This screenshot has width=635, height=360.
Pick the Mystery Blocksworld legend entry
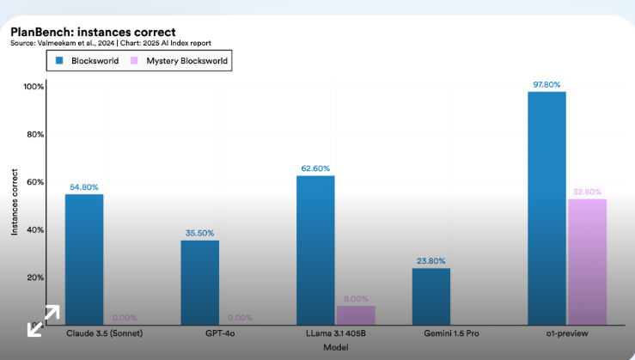click(x=179, y=61)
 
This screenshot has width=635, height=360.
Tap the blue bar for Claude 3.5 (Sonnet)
click(x=84, y=259)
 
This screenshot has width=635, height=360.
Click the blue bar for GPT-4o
click(x=199, y=282)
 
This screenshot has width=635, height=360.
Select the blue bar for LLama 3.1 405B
click(x=315, y=249)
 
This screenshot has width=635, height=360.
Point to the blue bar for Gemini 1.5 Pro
click(x=430, y=296)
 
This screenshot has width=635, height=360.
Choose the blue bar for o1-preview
click(x=546, y=207)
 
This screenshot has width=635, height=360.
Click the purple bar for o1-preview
click(x=586, y=261)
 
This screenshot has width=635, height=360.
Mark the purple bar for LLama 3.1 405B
click(x=355, y=314)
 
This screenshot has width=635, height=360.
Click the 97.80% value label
click(x=546, y=84)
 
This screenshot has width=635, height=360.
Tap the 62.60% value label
click(x=315, y=168)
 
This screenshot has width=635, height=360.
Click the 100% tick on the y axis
click(x=34, y=87)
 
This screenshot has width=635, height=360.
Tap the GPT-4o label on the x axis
click(x=199, y=333)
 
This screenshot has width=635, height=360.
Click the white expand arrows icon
click(x=43, y=320)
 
